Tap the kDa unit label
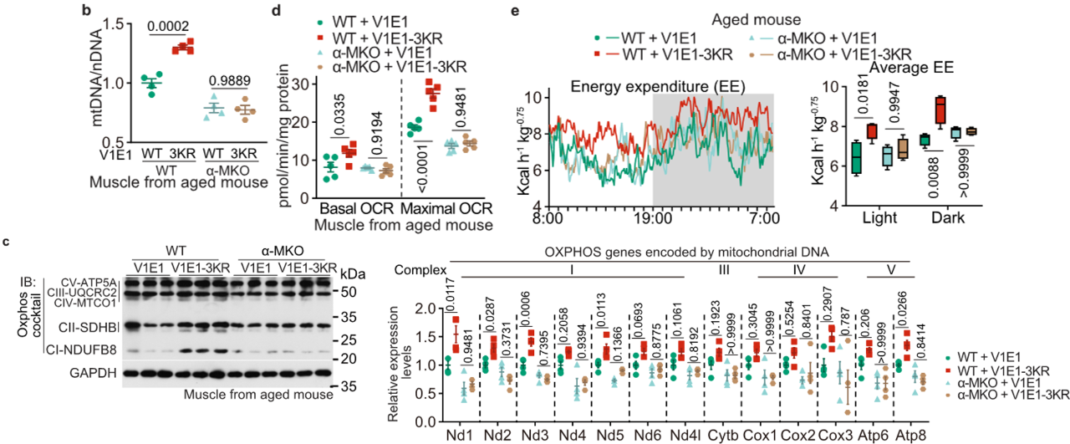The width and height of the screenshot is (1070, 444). click(x=354, y=274)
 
